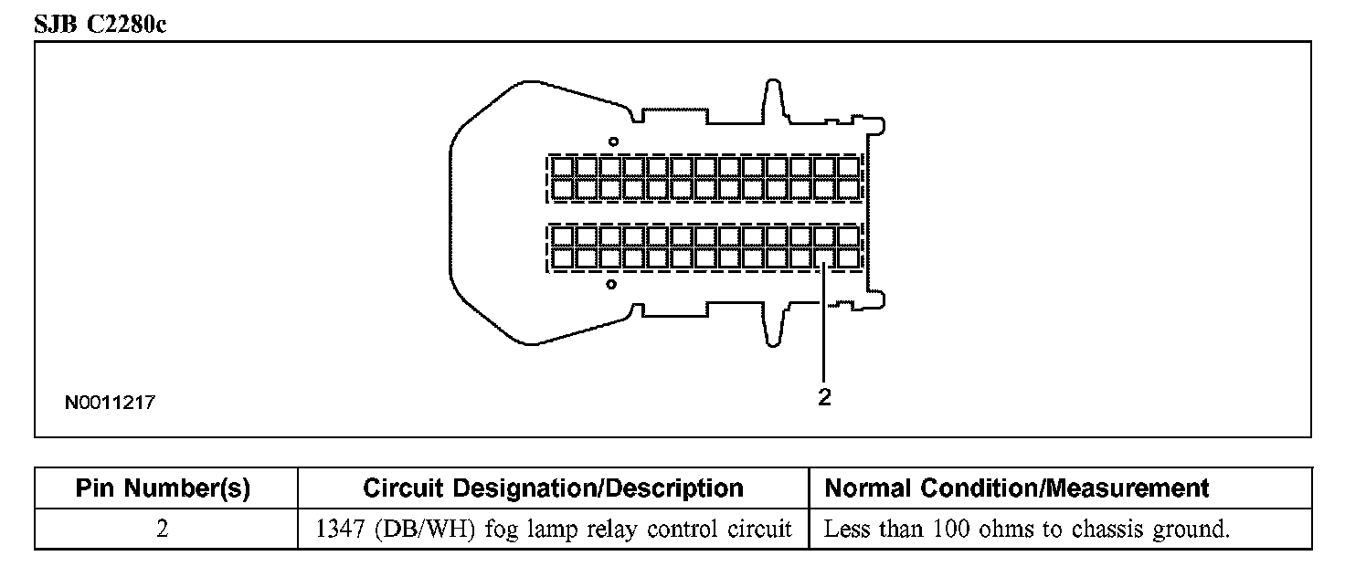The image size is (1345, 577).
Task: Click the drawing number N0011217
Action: pos(109,402)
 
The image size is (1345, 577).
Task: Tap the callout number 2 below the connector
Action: pos(824,398)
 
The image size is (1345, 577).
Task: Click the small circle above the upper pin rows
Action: pos(614,141)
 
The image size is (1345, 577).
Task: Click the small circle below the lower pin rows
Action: pos(611,284)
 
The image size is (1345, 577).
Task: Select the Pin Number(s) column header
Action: pos(163,488)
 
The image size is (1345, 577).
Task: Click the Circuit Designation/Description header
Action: pos(553,488)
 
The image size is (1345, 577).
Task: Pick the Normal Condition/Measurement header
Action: pos(1016,488)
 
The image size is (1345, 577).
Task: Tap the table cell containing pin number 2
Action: pos(163,530)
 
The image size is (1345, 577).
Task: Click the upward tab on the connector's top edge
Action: pos(772,97)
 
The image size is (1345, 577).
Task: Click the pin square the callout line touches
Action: pos(824,258)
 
